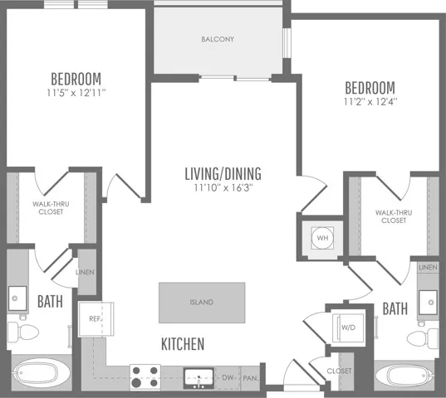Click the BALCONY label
click(218, 39)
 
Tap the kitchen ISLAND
click(202, 303)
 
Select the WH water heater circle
click(322, 238)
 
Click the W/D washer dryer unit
click(348, 328)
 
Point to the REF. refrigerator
click(96, 319)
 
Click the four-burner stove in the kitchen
click(145, 377)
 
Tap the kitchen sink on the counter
click(198, 378)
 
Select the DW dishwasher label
click(228, 378)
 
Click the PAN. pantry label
click(251, 378)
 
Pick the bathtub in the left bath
click(41, 373)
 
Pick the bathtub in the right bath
click(405, 376)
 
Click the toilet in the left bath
click(22, 332)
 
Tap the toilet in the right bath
click(423, 338)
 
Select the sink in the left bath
click(17, 298)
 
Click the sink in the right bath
click(428, 303)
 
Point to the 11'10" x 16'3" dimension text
click(223, 187)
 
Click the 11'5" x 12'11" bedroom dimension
click(76, 93)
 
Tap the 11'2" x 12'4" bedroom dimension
click(370, 102)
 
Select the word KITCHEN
click(183, 344)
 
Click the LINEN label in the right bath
click(428, 268)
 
